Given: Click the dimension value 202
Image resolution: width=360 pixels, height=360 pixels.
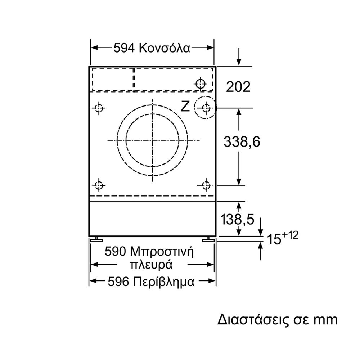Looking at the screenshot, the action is pyautogui.click(x=238, y=87).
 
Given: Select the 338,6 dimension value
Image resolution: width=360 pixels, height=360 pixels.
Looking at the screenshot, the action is pyautogui.click(x=242, y=141).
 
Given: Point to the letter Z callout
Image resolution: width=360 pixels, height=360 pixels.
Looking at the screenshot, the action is pyautogui.click(x=185, y=107).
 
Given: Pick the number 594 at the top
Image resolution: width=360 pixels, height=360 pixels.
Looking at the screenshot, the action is pyautogui.click(x=124, y=48).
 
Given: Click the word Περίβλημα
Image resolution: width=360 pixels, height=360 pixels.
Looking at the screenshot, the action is pyautogui.click(x=164, y=282).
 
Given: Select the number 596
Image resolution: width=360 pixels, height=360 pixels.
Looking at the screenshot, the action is pyautogui.click(x=118, y=282).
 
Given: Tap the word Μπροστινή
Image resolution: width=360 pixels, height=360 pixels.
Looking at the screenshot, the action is pyautogui.click(x=162, y=252).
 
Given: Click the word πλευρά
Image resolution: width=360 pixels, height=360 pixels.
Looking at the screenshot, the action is pyautogui.click(x=151, y=265).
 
